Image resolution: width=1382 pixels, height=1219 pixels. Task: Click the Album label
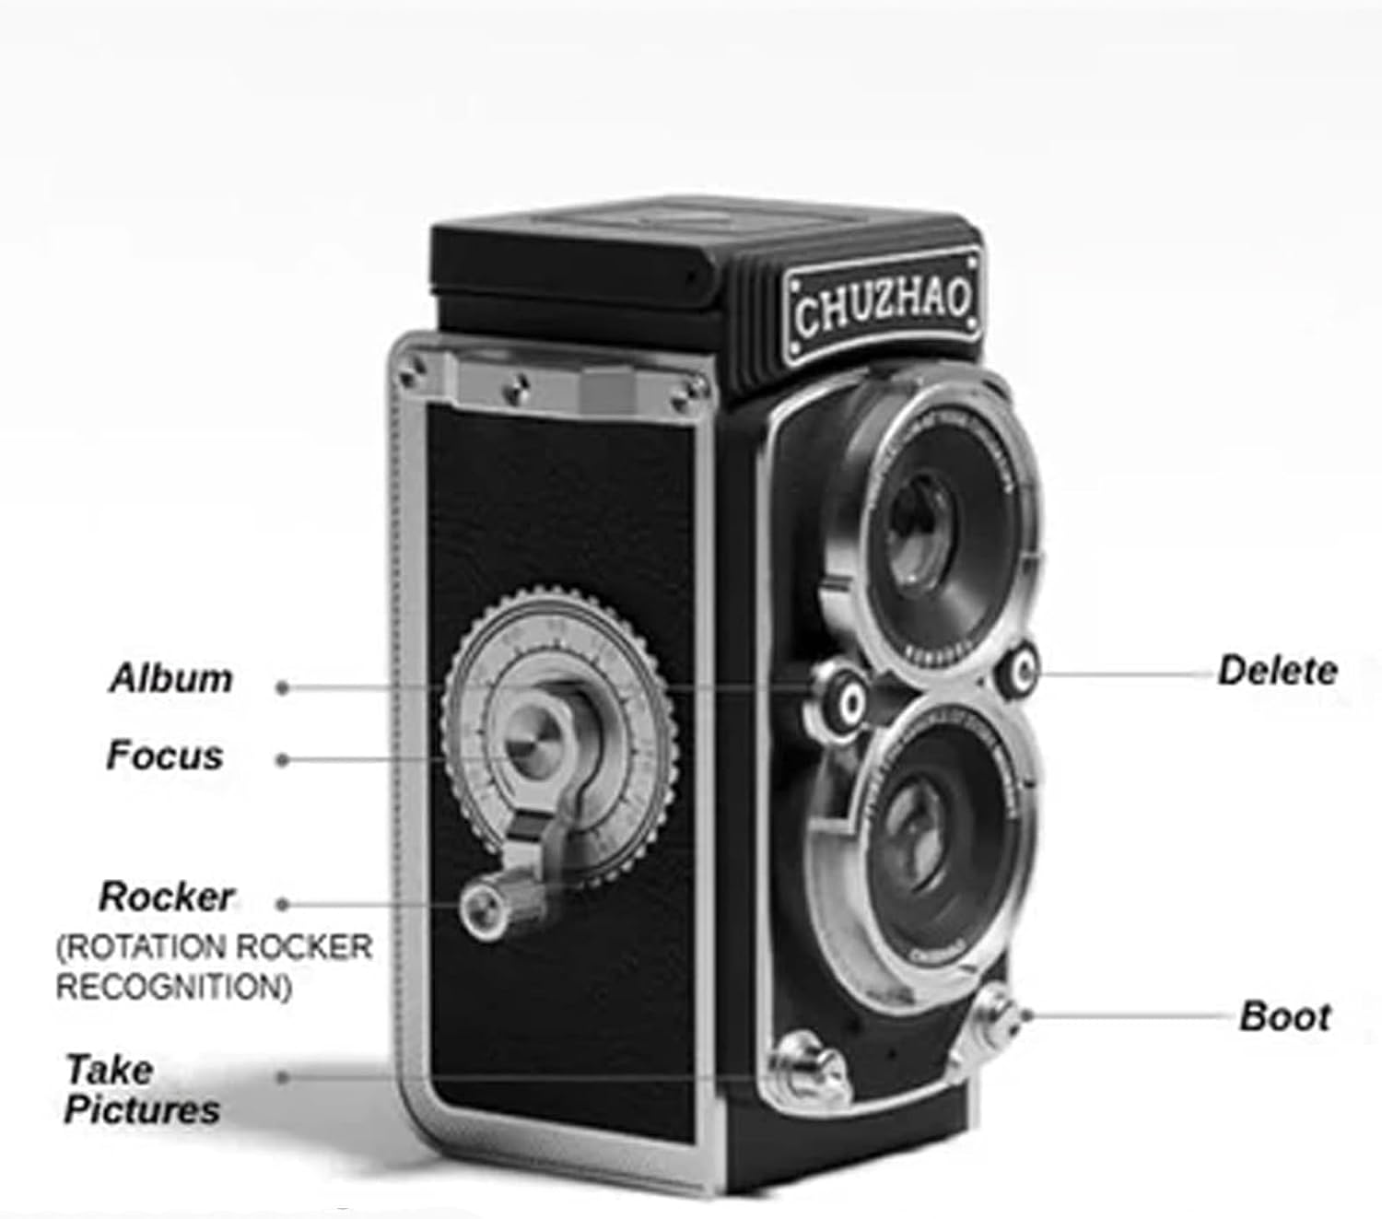(171, 679)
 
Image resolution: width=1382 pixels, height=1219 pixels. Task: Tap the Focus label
(165, 756)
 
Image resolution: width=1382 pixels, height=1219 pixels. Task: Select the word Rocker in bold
(167, 897)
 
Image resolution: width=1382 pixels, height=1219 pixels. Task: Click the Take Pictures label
(142, 1089)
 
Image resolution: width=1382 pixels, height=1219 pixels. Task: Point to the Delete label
(1277, 670)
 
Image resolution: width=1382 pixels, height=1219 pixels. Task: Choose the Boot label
(1285, 1016)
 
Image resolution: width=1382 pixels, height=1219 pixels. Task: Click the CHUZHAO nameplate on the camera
(882, 306)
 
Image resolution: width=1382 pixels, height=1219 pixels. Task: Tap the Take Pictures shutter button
(803, 1069)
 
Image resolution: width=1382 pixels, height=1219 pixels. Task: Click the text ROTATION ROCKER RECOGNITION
(214, 967)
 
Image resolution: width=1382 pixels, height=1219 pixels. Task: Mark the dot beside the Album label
(284, 686)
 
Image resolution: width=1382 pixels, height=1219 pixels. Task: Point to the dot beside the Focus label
(284, 760)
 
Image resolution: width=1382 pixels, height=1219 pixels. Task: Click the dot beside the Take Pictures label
(284, 1076)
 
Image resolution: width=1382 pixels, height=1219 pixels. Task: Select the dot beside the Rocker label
(284, 905)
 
